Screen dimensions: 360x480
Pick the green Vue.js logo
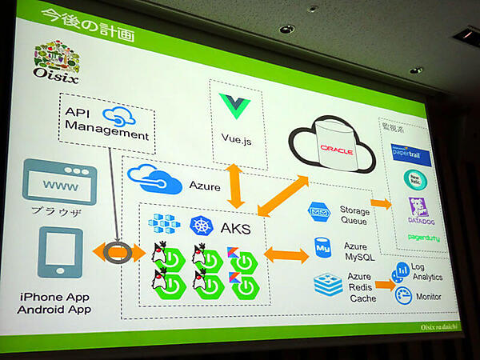point(237,106)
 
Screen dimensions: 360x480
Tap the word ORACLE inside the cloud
point(336,150)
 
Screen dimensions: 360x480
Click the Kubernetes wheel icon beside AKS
point(201,226)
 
